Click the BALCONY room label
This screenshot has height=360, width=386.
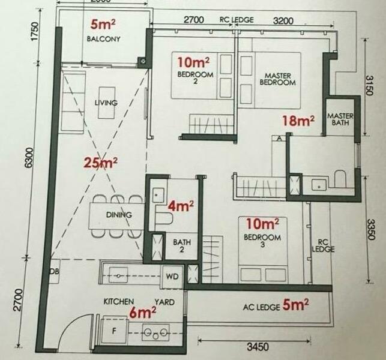tap(103, 39)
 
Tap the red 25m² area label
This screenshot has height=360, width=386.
tap(101, 162)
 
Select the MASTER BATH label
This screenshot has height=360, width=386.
tap(339, 119)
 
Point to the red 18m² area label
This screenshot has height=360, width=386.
tap(298, 121)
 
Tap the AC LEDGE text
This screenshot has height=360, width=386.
tap(261, 307)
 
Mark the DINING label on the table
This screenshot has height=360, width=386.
tap(118, 214)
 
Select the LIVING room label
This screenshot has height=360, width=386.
tap(106, 103)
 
